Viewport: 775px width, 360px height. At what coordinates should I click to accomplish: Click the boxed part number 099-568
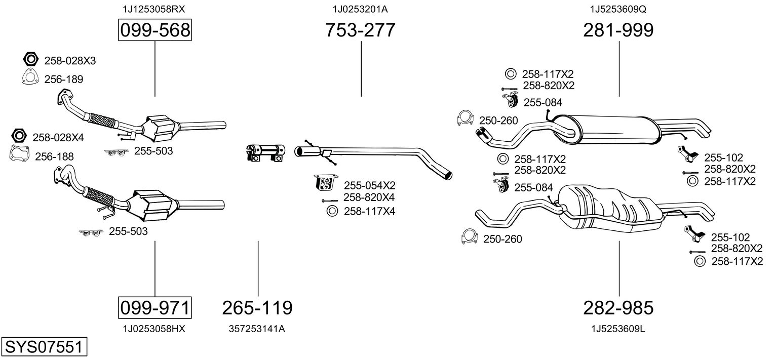click(x=154, y=30)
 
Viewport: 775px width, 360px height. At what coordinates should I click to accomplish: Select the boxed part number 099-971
click(x=154, y=307)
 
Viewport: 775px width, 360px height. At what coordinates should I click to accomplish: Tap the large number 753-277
click(x=360, y=30)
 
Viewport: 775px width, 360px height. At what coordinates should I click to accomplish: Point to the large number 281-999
click(x=618, y=30)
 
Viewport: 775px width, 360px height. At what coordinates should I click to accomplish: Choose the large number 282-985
click(x=618, y=307)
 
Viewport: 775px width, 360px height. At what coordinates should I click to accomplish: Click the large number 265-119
click(x=257, y=307)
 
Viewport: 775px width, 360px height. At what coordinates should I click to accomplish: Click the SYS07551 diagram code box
click(x=43, y=347)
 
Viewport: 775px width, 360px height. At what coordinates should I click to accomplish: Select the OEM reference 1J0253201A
click(x=360, y=9)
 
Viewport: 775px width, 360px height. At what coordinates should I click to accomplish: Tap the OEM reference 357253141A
click(x=257, y=329)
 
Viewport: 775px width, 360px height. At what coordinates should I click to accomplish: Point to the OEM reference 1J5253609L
click(x=618, y=329)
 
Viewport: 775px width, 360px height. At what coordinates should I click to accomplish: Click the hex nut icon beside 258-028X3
click(x=31, y=59)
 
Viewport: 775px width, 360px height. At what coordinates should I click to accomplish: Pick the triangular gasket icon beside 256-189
click(x=31, y=77)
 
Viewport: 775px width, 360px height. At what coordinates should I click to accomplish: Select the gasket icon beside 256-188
click(x=20, y=153)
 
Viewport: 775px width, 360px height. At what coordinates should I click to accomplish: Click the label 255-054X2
click(x=369, y=185)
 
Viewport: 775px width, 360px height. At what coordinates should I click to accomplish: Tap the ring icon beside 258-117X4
click(x=332, y=211)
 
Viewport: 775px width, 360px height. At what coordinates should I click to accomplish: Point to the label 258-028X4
click(x=58, y=137)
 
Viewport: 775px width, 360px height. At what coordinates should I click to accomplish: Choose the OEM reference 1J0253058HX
click(x=154, y=329)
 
